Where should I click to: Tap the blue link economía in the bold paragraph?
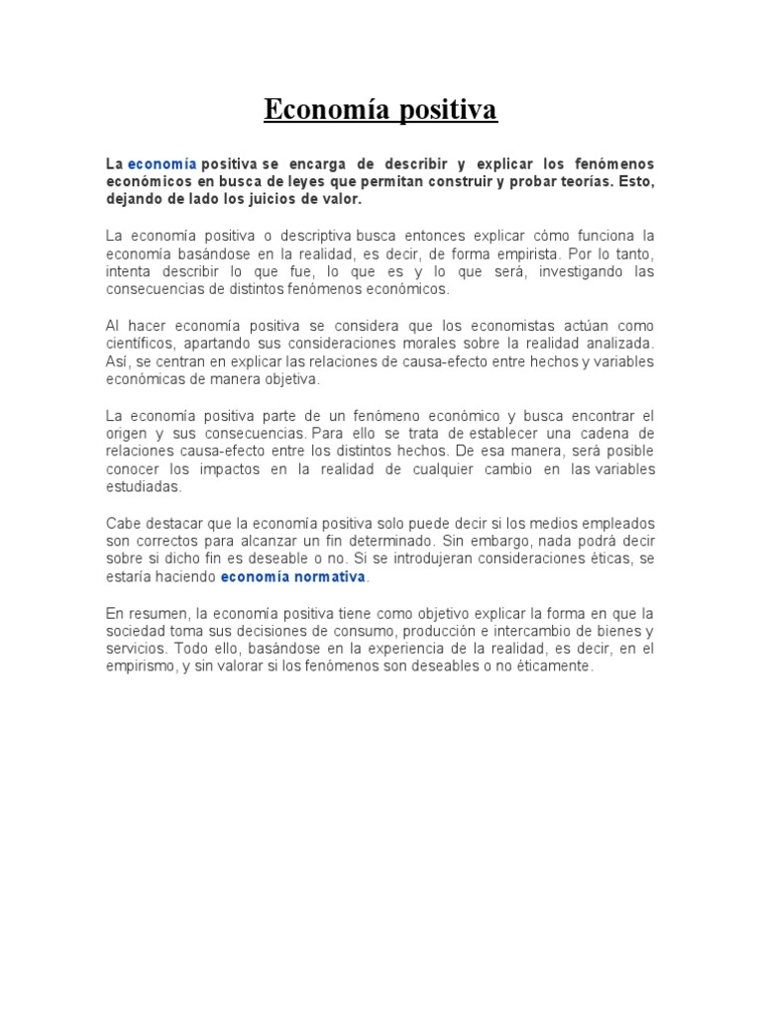coord(162,163)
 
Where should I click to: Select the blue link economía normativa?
coord(293,576)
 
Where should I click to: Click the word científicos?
coord(137,344)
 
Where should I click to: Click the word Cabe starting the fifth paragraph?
coord(121,523)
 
